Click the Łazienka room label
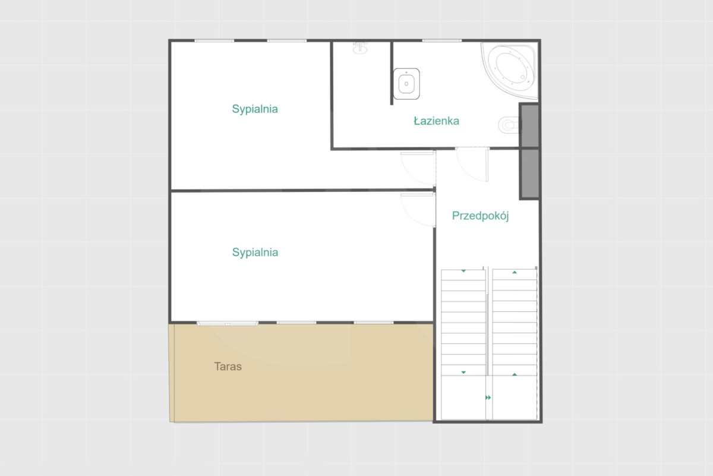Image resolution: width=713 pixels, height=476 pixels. click(x=436, y=121)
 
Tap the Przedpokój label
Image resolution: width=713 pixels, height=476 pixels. click(x=480, y=216)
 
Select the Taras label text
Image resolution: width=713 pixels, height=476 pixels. click(x=228, y=367)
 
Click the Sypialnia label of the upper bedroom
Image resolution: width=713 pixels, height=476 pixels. click(x=255, y=109)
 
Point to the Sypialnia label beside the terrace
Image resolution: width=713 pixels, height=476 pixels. click(x=255, y=252)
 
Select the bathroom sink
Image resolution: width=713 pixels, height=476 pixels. click(x=406, y=84)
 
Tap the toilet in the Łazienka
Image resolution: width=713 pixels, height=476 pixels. click(x=509, y=125)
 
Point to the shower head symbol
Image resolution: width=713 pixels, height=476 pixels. click(x=360, y=48)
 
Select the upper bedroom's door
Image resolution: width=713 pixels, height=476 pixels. click(x=418, y=169)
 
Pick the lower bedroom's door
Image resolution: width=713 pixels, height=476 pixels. click(x=418, y=210)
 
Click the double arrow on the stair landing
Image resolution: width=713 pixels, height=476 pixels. click(x=488, y=398)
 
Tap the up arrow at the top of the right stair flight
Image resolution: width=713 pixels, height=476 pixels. click(x=515, y=272)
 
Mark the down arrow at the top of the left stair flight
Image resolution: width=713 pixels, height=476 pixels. click(x=463, y=271)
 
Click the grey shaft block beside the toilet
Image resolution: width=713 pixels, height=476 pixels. click(x=529, y=125)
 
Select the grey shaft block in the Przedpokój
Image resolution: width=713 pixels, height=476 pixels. click(x=529, y=174)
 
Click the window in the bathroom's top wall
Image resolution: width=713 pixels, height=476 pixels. click(x=442, y=41)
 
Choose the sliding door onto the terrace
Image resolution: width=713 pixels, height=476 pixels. click(x=227, y=324)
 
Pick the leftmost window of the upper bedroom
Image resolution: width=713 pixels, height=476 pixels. click(x=214, y=41)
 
